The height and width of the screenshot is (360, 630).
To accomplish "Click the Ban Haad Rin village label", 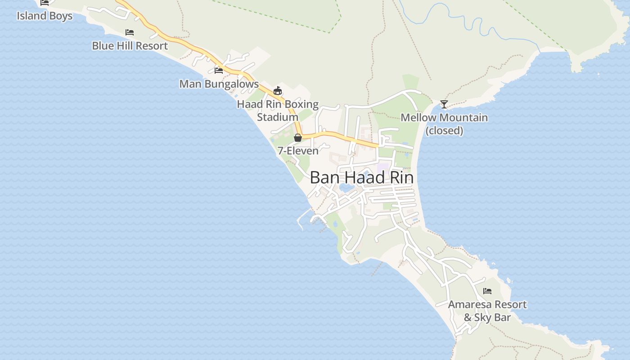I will coord(361,178).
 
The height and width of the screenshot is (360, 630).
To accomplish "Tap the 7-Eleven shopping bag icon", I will coord(298,138).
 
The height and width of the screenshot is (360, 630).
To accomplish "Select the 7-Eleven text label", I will coord(298,151).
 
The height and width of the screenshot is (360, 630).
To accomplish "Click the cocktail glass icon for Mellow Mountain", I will coord(444,104).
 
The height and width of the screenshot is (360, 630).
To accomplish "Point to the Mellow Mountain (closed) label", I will coord(444,124).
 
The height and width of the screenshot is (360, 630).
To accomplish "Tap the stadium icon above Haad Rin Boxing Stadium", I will coord(278,91).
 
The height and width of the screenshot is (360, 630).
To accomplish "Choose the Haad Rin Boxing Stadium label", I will coord(278,111).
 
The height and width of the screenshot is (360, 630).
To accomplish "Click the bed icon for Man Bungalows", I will coord(219,70).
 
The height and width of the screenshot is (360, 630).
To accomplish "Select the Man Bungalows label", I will coord(219,84).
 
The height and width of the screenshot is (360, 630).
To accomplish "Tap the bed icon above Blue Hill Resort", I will coord(130,32).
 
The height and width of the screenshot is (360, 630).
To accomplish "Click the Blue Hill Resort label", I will coord(130,46).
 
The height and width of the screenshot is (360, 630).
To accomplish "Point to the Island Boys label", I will coord(45,16).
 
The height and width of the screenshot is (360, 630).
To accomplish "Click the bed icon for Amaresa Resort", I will coord(487,291).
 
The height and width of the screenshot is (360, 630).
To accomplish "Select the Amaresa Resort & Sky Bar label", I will coord(487,311).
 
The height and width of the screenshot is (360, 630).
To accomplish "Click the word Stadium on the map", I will coord(278,117).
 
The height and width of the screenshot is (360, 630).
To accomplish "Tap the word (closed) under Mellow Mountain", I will coord(444,130).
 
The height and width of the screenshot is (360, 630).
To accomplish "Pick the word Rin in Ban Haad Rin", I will coord(401,178).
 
